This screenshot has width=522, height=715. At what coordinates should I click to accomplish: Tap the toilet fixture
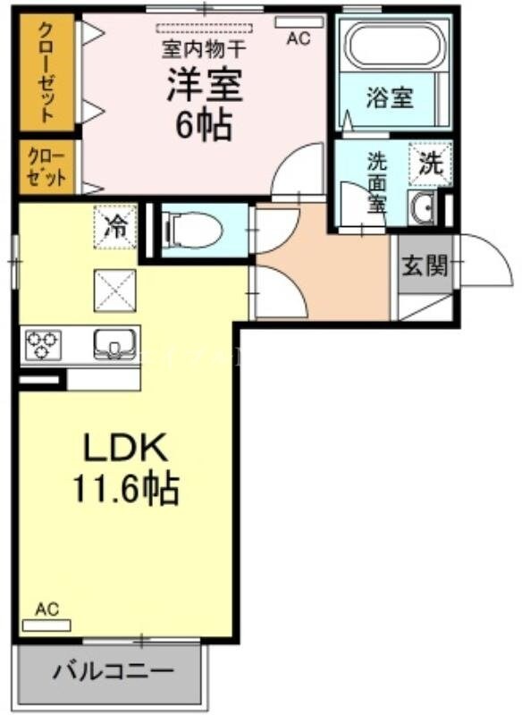pyautogui.click(x=190, y=229)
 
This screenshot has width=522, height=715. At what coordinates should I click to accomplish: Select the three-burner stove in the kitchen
pyautogui.click(x=42, y=345)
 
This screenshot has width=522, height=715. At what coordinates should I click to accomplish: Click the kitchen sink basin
pyautogui.click(x=114, y=343)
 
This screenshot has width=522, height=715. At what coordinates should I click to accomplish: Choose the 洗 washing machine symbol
pyautogui.click(x=431, y=164)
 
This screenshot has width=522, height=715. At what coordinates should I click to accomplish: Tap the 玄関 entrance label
pyautogui.click(x=425, y=265)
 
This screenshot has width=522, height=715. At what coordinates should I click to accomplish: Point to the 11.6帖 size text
pyautogui.click(x=125, y=488)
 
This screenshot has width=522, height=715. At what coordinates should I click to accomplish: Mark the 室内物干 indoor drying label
pyautogui.click(x=202, y=44)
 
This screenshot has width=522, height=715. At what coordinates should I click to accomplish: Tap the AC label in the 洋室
pyautogui.click(x=298, y=38)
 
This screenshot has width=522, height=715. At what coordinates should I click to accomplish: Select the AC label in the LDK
pyautogui.click(x=46, y=610)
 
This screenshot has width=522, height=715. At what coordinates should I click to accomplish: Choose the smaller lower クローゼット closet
pyautogui.click(x=45, y=166)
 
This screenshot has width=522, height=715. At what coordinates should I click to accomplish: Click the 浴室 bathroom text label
pyautogui.click(x=389, y=97)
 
